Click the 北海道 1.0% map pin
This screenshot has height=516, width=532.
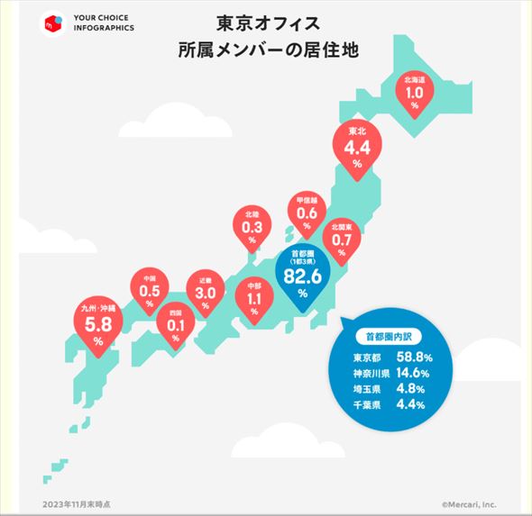[415, 93]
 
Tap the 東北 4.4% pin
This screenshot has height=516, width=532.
[356, 145]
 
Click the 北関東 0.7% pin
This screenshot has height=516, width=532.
[341, 236]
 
